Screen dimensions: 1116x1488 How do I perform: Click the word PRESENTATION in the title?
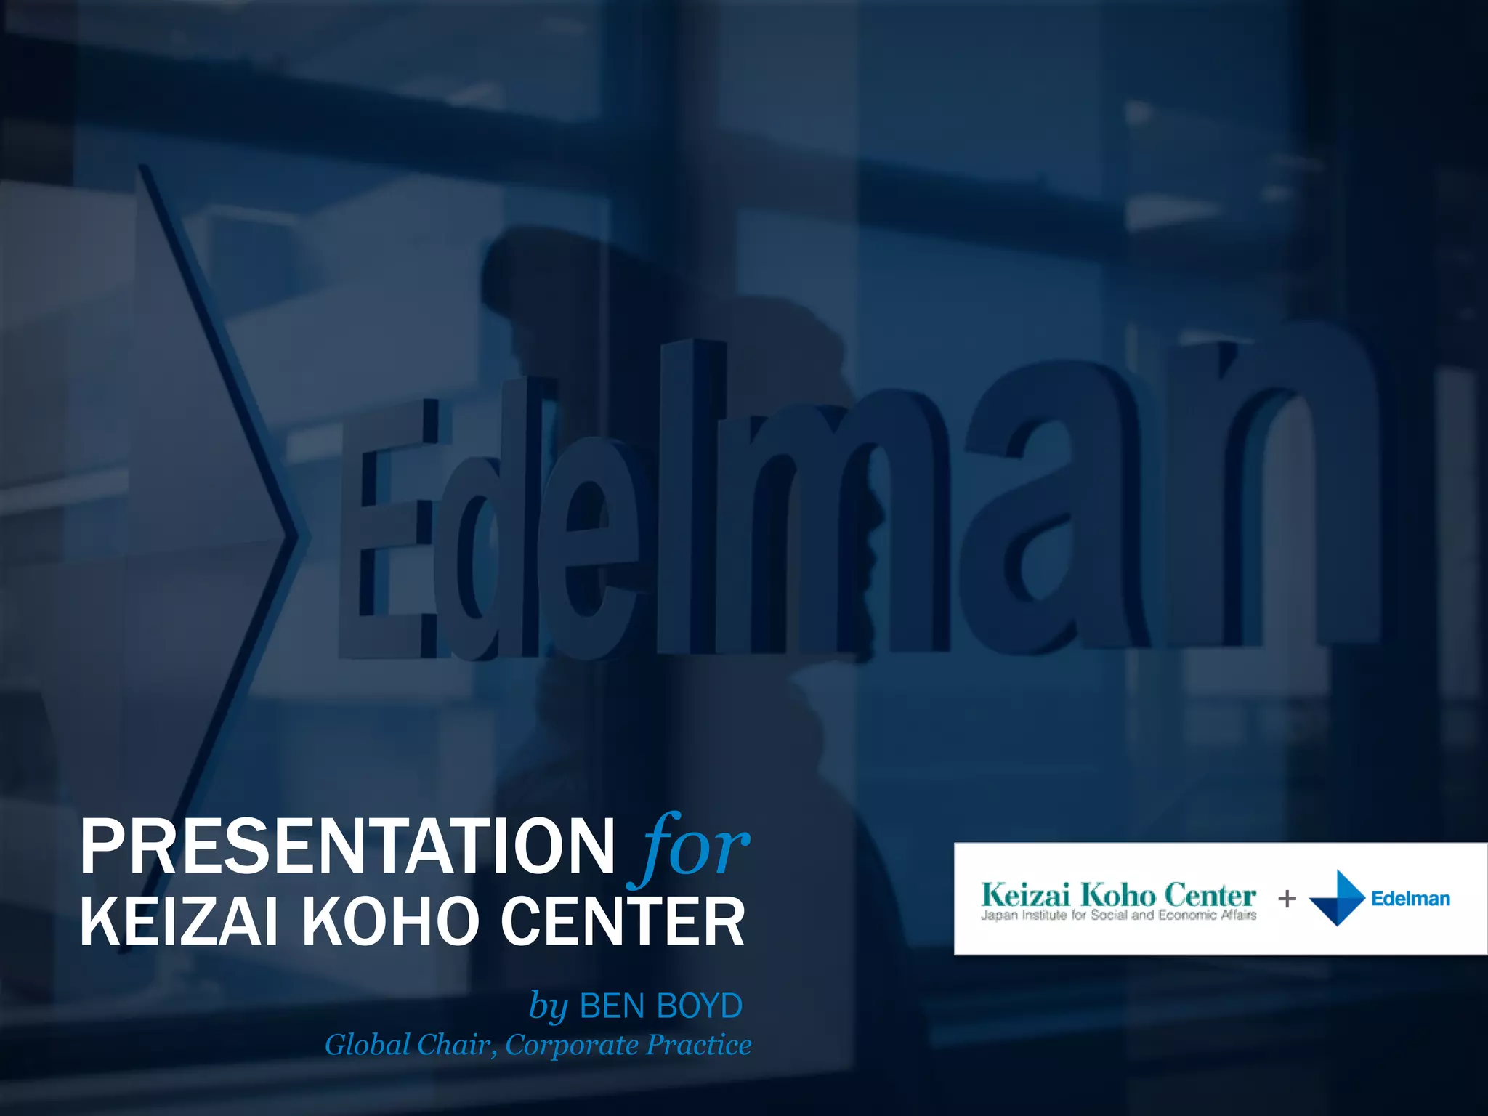pyautogui.click(x=347, y=847)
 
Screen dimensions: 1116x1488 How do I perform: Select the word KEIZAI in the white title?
pyautogui.click(x=179, y=922)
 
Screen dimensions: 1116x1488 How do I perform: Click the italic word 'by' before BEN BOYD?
pyautogui.click(x=548, y=1007)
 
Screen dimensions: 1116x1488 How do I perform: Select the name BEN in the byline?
pyautogui.click(x=612, y=1006)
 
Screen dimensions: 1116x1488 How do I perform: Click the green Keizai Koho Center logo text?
pyautogui.click(x=1117, y=894)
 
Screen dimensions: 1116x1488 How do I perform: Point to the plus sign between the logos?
pyautogui.click(x=1287, y=899)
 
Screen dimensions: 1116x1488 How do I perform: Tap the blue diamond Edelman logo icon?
pyautogui.click(x=1337, y=898)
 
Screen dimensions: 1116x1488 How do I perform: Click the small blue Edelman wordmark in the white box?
pyautogui.click(x=1410, y=899)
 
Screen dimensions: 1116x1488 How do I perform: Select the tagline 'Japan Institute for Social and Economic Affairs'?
pyautogui.click(x=1118, y=915)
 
